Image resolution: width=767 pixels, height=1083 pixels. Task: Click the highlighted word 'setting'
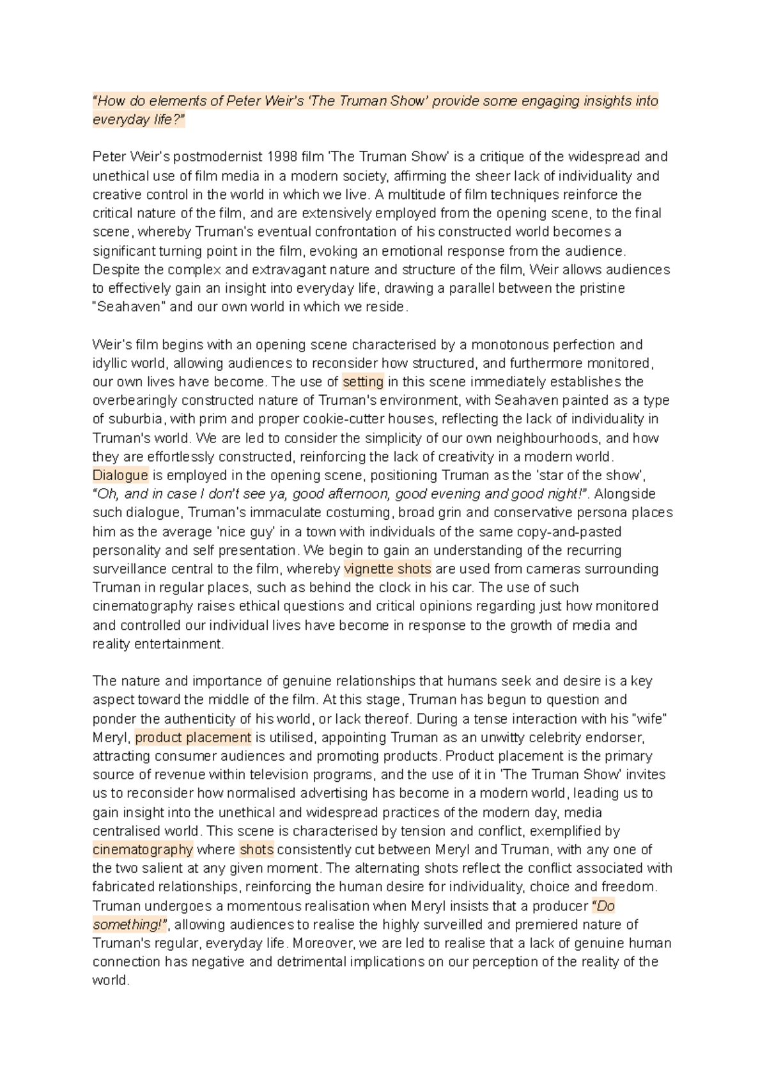(x=363, y=382)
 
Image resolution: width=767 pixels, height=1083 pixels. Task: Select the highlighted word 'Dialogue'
(x=120, y=475)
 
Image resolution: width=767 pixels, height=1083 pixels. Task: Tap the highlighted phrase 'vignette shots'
(x=387, y=568)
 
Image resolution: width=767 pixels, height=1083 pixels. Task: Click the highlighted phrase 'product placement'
(x=193, y=737)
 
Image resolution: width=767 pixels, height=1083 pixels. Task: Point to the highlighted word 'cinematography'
(x=143, y=850)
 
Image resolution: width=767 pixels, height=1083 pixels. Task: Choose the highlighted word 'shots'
(x=256, y=850)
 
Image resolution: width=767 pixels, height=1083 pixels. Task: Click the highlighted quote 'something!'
(x=130, y=924)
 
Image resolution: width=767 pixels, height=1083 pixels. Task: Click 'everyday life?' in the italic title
(x=138, y=120)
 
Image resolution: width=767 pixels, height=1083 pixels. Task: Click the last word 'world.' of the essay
(x=111, y=981)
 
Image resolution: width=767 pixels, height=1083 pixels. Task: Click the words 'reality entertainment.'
(x=158, y=644)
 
